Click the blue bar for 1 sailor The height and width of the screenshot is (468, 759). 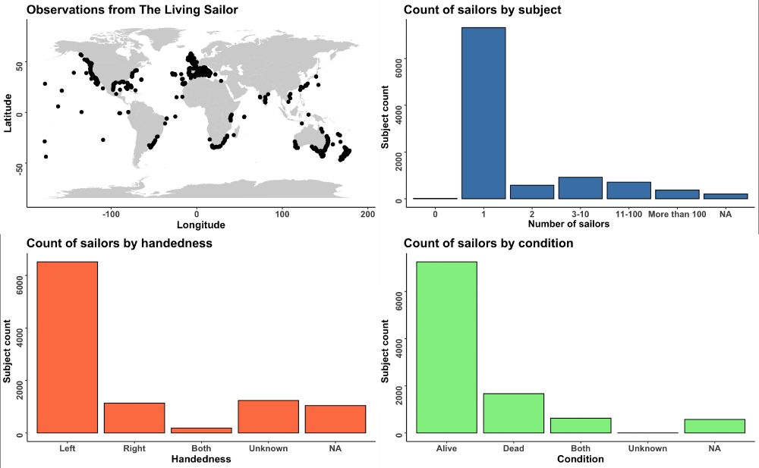click(483, 113)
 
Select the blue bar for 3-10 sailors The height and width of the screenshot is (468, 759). click(580, 188)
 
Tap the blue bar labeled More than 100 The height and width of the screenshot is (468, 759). click(677, 194)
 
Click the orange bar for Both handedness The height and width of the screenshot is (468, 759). click(201, 430)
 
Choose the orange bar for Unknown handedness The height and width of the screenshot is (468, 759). click(268, 416)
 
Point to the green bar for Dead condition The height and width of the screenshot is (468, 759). click(513, 413)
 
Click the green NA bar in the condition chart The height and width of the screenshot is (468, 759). click(714, 426)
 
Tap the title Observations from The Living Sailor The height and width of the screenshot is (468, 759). click(132, 10)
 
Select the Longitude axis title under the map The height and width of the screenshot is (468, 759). click(200, 225)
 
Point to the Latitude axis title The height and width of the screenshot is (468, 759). click(8, 112)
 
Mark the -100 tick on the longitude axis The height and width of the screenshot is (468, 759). click(112, 213)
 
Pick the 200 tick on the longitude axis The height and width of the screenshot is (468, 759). click(367, 213)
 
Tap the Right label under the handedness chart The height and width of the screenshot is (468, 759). click(134, 448)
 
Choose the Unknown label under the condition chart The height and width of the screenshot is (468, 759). click(647, 448)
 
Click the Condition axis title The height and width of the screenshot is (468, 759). click(580, 459)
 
